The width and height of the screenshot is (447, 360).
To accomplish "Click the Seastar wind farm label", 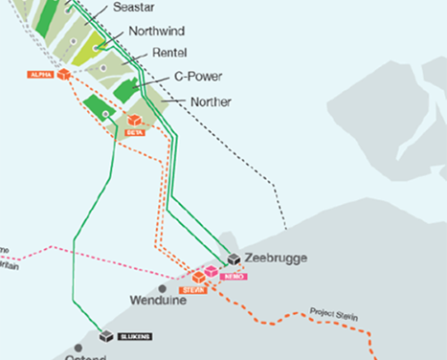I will pyautogui.click(x=133, y=8).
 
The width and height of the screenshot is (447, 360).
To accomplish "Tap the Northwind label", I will pyautogui.click(x=155, y=30).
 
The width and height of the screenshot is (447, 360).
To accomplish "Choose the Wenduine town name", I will pyautogui.click(x=155, y=300).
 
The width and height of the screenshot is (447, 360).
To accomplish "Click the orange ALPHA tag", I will pyautogui.click(x=41, y=74).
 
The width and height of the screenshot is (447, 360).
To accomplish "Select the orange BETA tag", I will pyautogui.click(x=135, y=133).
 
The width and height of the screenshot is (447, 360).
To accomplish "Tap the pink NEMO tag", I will pyautogui.click(x=234, y=276).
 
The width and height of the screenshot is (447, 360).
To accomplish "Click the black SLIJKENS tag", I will pyautogui.click(x=137, y=337).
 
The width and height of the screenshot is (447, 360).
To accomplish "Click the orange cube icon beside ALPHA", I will pyautogui.click(x=64, y=74).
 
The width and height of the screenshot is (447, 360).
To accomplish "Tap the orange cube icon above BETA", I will pyautogui.click(x=136, y=121).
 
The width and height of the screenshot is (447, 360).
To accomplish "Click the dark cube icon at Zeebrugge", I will pyautogui.click(x=235, y=259).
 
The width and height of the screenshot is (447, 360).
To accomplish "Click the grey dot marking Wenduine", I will pyautogui.click(x=163, y=287).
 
